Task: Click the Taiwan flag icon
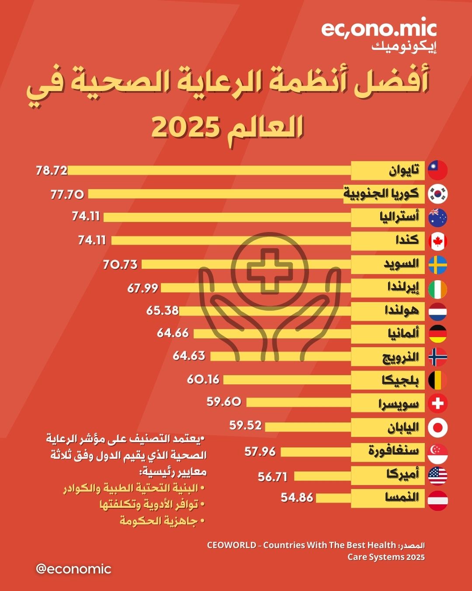coord(437,170)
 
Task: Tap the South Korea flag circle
coord(437,194)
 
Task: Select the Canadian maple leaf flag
coord(437,241)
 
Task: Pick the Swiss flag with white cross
coord(437,403)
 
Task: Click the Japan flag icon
coord(437,428)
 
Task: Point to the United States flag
coord(437,476)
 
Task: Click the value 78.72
coord(52,170)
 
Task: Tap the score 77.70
coord(67,194)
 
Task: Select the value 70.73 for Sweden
coord(120,264)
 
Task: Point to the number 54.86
coord(297,497)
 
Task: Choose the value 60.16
coord(203,379)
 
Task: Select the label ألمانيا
coord(403,334)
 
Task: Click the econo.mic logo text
coord(378,30)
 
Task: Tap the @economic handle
coord(73,569)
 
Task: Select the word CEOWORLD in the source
coord(232,545)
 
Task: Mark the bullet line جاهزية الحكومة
coord(159,521)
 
